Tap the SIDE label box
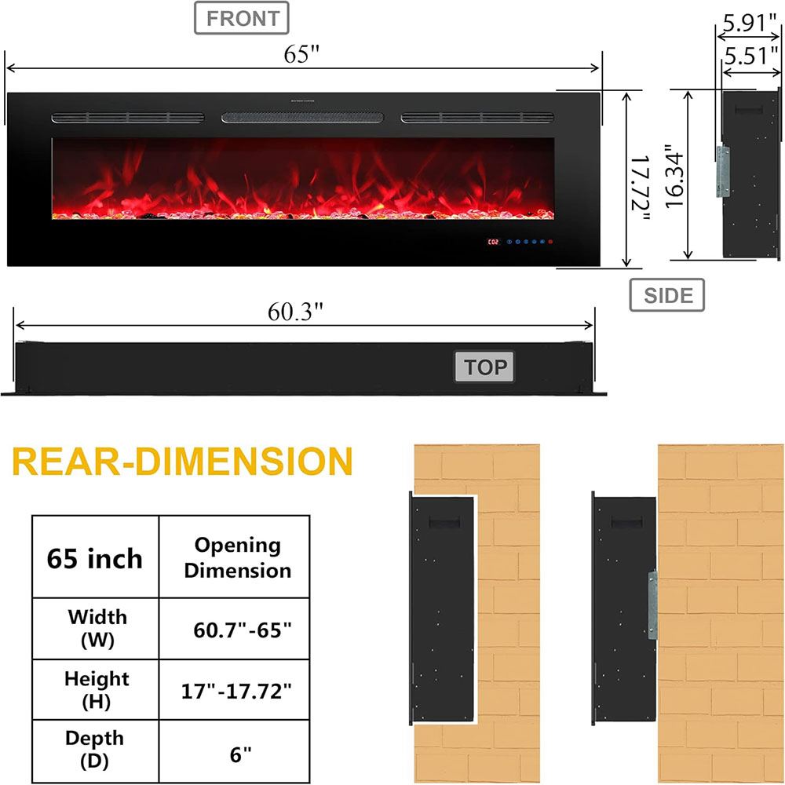click(x=667, y=295)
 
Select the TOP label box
click(x=485, y=367)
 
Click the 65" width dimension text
click(x=303, y=57)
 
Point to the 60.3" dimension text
click(x=296, y=312)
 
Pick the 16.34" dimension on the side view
click(x=672, y=176)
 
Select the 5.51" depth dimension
click(x=750, y=56)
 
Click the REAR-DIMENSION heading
click(x=182, y=463)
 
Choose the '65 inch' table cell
click(x=95, y=558)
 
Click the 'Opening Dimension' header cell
click(x=237, y=557)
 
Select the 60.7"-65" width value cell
click(x=237, y=629)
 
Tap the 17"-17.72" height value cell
click(x=237, y=690)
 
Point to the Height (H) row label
click(x=95, y=690)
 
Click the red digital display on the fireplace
click(x=494, y=242)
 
